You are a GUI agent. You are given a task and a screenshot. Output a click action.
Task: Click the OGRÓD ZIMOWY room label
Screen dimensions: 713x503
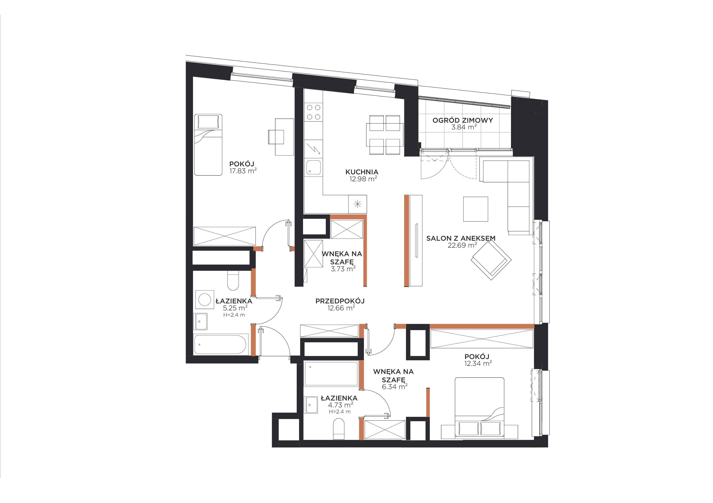coord(463,120)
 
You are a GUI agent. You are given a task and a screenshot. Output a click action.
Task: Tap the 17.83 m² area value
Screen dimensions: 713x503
coord(243,171)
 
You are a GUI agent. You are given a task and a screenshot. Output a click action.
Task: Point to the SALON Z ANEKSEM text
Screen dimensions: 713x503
coord(461,239)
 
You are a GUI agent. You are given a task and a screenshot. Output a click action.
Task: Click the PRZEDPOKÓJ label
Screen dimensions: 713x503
coord(340,301)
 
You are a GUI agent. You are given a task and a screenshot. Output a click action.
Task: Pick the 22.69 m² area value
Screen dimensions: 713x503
coord(462,245)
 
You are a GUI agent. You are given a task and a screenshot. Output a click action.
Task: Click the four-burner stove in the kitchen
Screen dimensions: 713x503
coord(314,112)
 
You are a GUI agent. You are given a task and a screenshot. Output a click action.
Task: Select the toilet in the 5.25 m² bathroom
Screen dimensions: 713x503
coord(233,280)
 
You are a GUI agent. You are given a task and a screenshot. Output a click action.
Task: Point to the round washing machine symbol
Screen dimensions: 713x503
coord(205,300)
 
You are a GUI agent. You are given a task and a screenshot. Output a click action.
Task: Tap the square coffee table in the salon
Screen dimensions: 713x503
coord(475,209)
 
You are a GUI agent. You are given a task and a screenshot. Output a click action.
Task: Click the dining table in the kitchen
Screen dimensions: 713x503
coord(385,135)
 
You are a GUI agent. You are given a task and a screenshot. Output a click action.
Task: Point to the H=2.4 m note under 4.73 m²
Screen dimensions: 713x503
coord(340,412)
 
